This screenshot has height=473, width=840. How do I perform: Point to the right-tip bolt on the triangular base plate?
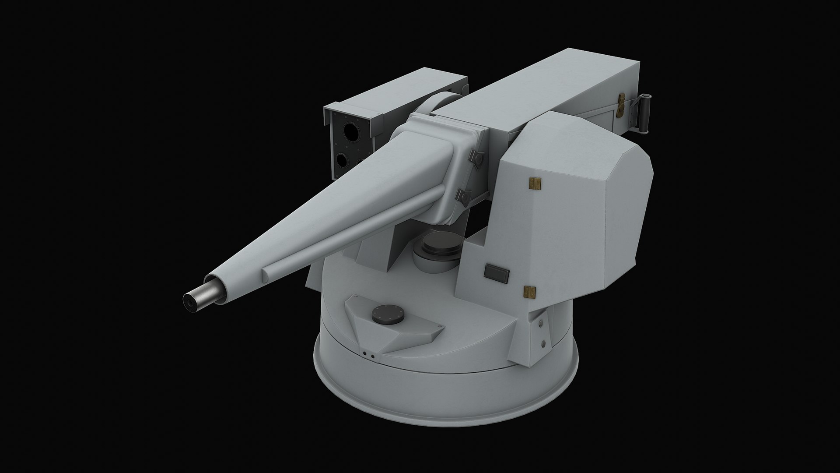pos(436,327)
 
